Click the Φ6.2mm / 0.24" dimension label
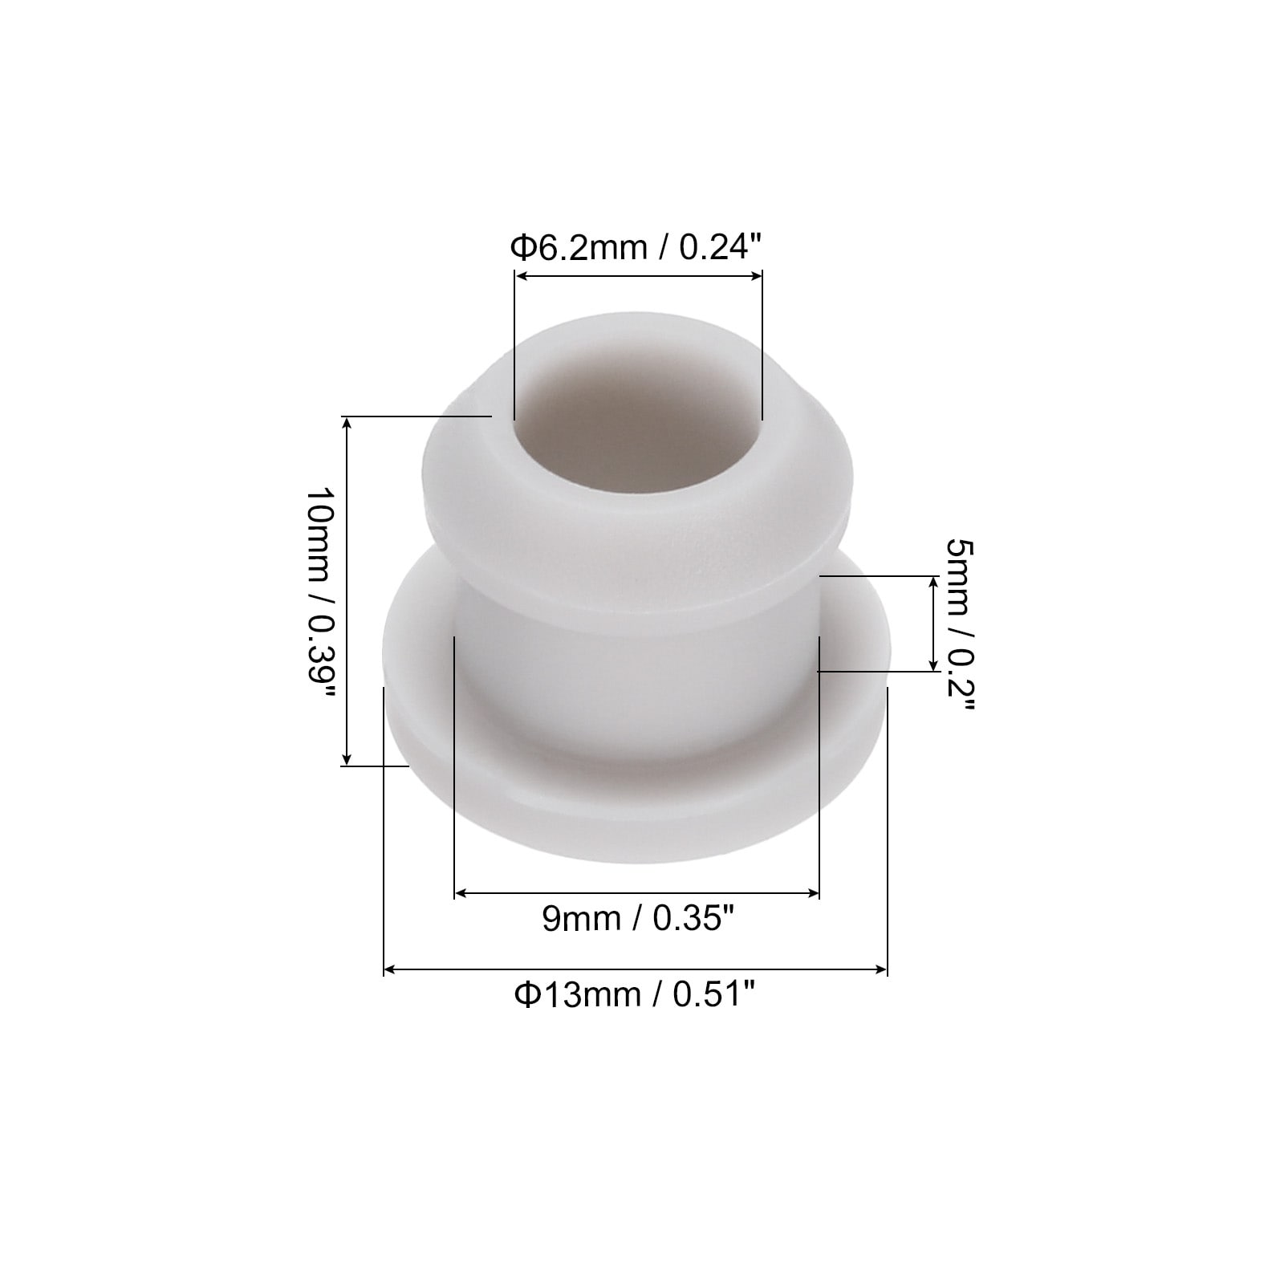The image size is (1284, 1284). (635, 248)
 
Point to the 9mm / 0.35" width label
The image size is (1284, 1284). (638, 917)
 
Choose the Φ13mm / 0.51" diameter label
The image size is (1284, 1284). (635, 995)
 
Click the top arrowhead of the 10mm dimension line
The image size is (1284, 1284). (347, 424)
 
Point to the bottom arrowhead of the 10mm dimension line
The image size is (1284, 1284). (347, 758)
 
